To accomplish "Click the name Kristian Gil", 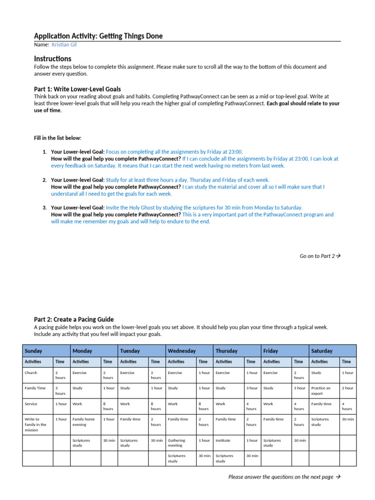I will pos(64,44).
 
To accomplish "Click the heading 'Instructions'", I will pos(53,59).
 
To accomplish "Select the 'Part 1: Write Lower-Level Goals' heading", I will pos(78,89).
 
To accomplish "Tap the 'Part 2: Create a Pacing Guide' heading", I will pos(74,319).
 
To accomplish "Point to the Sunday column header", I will pos(34,351).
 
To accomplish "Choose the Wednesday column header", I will pos(182,351).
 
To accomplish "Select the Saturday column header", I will pos(322,351).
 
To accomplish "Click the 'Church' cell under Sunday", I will pos(31,373).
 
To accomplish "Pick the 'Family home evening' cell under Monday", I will pos(83,421).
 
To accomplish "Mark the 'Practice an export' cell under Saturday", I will pos(321,391).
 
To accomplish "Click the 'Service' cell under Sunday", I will pos(31,404).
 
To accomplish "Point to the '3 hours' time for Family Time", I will pos(60,391).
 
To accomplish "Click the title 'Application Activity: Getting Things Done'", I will pos(98,36).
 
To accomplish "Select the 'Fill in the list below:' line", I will pos(58,138).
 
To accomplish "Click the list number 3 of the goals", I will pos(44,208).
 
